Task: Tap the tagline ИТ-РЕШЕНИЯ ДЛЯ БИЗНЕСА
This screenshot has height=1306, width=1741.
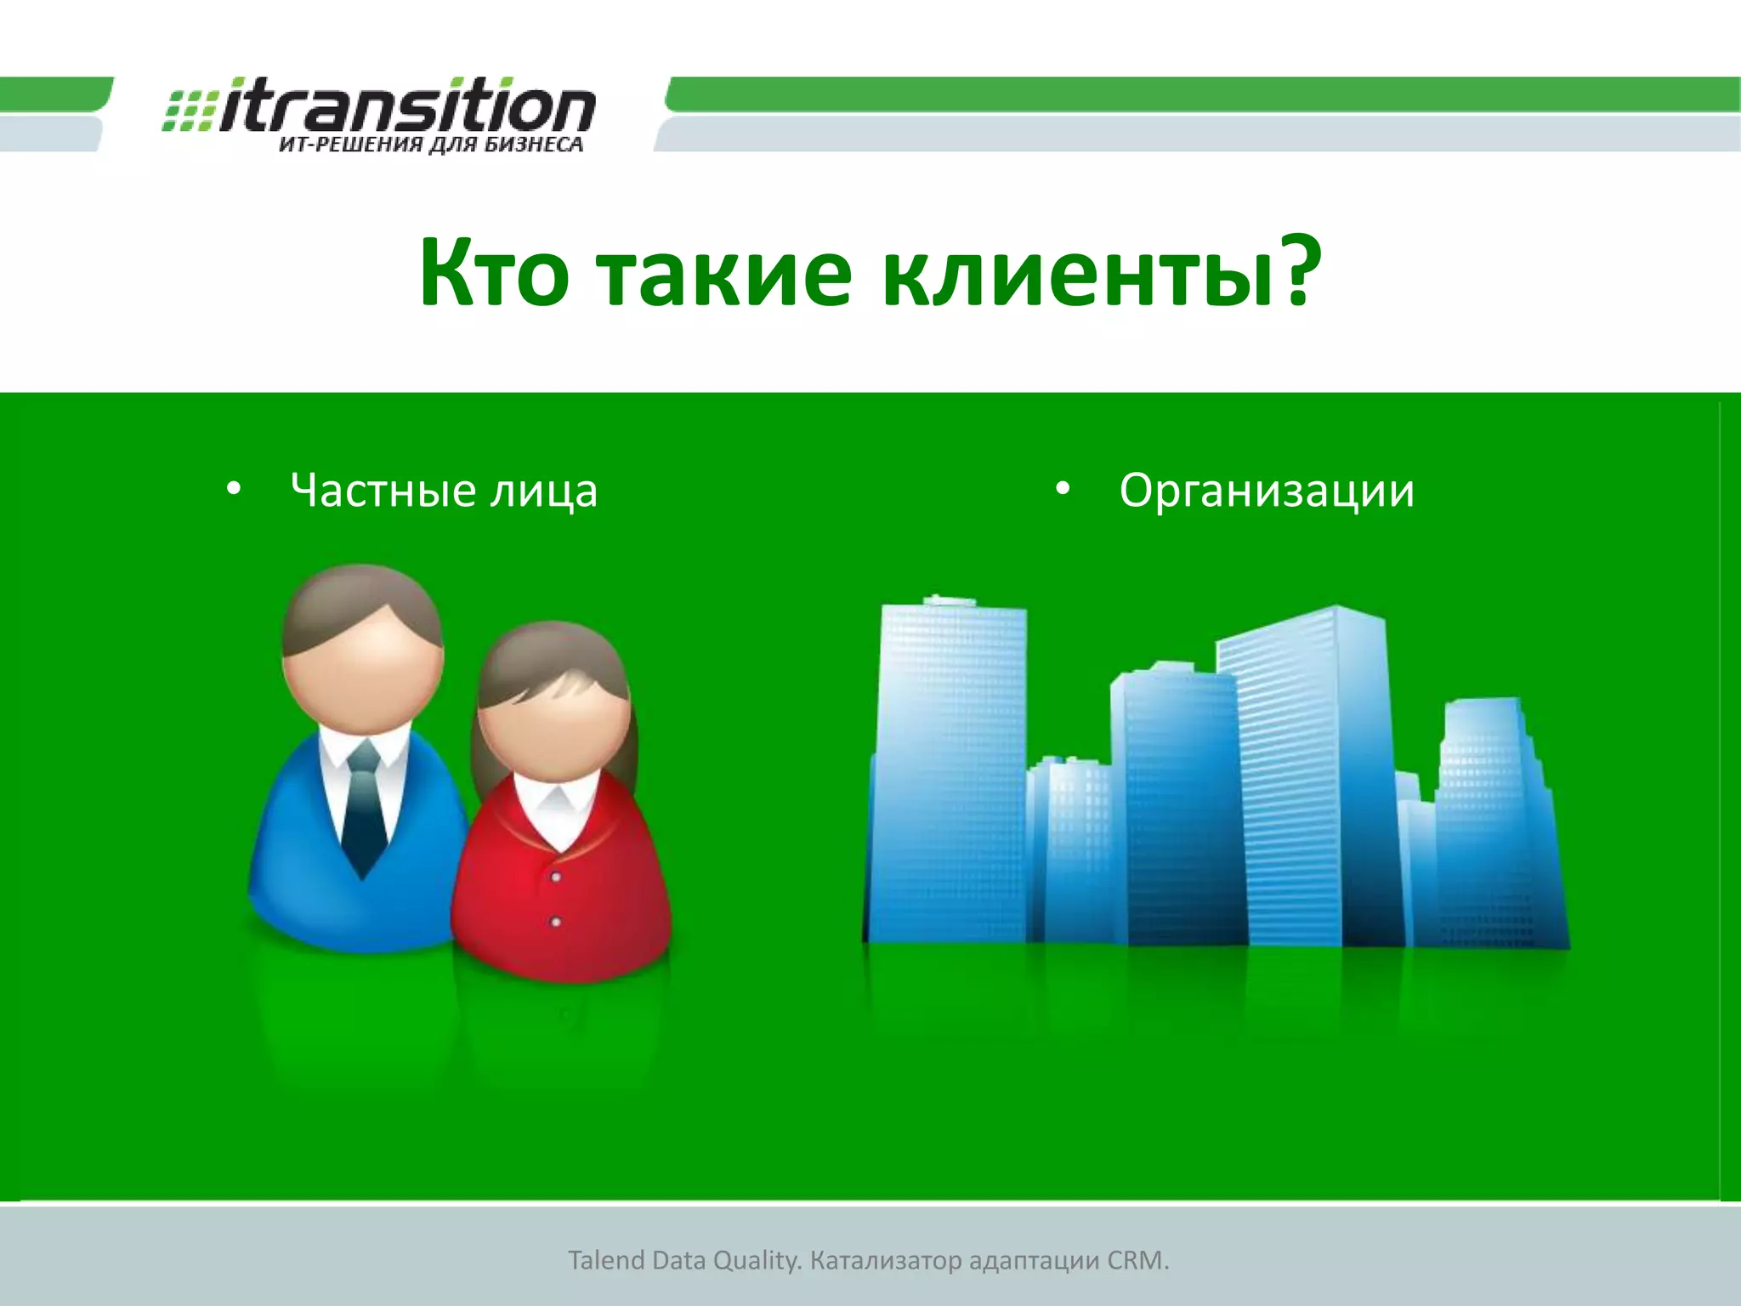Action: [431, 145]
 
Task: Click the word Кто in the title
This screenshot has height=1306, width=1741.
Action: [493, 274]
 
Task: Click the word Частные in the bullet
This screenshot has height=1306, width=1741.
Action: [383, 491]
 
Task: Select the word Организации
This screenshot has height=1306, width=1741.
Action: [1266, 491]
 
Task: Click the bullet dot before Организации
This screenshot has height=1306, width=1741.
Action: [1062, 490]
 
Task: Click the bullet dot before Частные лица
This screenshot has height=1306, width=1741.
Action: [234, 490]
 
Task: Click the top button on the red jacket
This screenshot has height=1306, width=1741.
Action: [556, 876]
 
